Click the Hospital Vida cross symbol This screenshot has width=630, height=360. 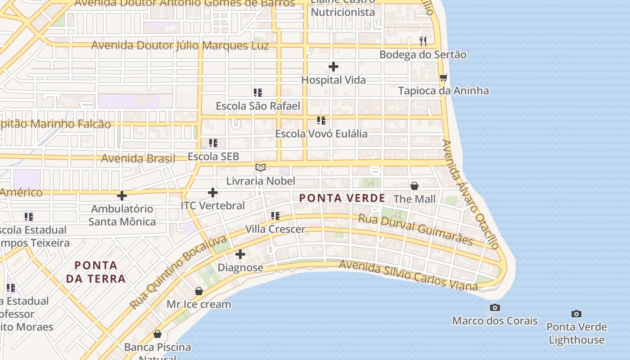(333, 67)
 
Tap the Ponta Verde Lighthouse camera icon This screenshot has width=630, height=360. (576, 314)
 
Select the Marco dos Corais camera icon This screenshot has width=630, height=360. (495, 307)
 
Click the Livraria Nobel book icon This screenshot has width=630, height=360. (261, 168)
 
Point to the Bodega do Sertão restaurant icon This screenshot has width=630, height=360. (423, 41)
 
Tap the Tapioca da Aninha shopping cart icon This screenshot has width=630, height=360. (443, 77)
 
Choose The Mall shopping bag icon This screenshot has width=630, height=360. (414, 185)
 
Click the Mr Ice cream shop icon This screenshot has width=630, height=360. (199, 291)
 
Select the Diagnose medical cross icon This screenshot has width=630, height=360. (240, 254)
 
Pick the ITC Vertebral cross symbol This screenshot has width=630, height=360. (213, 193)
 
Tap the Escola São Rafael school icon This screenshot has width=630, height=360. (257, 93)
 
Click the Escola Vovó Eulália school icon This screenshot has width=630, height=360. (321, 120)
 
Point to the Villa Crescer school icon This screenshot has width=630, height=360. (275, 216)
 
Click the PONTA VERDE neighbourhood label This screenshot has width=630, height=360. (342, 198)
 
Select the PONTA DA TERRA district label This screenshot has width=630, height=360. (96, 272)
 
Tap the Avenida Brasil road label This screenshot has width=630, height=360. (138, 158)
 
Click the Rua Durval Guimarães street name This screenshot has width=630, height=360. (415, 229)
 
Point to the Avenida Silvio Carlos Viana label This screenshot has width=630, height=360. (408, 275)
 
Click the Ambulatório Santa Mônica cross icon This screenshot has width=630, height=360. (121, 196)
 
